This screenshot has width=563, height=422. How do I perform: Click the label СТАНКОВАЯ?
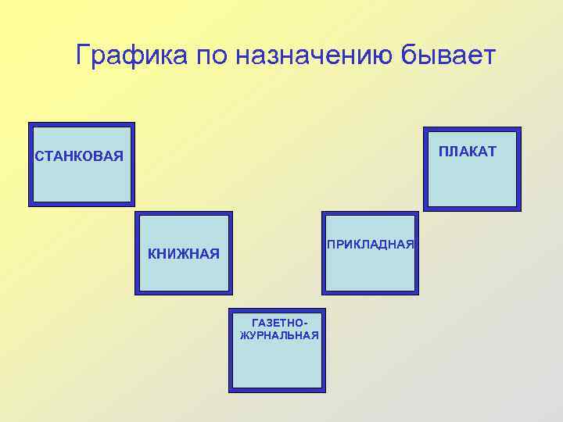click(x=79, y=156)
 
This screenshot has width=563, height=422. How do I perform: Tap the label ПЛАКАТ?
click(x=467, y=151)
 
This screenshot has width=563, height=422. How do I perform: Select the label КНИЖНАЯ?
click(x=184, y=253)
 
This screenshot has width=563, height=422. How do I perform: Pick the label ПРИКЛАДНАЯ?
click(x=370, y=245)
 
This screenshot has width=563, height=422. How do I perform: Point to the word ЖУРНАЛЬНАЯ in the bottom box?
click(x=279, y=335)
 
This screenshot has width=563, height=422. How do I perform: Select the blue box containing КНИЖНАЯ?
click(x=184, y=274)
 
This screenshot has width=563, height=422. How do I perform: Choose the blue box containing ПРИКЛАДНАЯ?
click(x=370, y=270)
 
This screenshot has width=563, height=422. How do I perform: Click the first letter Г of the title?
click(x=84, y=55)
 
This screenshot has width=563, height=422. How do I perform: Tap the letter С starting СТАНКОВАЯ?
click(x=38, y=156)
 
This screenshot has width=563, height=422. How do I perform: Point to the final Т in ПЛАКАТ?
click(x=491, y=151)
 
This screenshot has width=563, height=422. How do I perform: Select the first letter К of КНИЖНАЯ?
click(x=152, y=253)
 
